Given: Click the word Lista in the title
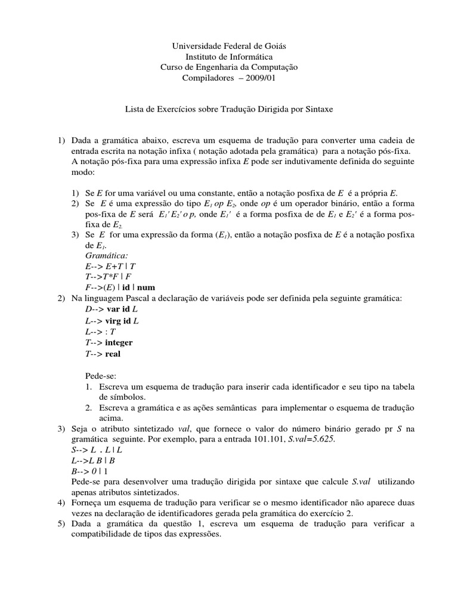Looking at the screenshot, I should tap(134, 110).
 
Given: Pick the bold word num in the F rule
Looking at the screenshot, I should tap(146, 287).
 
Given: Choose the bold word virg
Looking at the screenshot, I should tap(115, 320).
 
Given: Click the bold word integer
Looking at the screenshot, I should tap(119, 342).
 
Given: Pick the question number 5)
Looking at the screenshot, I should tap(61, 524).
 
